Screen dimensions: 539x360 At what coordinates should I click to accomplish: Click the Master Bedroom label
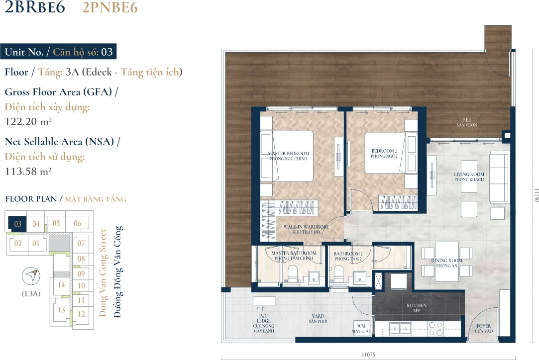[x=288, y=156]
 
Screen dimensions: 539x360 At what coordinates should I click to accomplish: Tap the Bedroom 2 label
[x=384, y=153]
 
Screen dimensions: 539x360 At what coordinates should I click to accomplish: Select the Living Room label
[x=469, y=177]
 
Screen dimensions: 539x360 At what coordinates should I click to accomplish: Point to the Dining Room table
[x=447, y=261]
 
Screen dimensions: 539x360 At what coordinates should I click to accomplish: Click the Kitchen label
[x=417, y=308]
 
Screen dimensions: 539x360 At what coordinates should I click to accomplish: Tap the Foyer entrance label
[x=484, y=328]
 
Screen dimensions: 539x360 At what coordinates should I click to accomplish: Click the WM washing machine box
[x=362, y=328]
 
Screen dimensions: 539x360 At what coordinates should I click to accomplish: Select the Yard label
[x=318, y=318]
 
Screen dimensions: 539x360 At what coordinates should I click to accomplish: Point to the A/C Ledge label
[x=264, y=323]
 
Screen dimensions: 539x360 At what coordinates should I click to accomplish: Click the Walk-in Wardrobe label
[x=306, y=229]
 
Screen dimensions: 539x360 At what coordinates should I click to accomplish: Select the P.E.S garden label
[x=467, y=122]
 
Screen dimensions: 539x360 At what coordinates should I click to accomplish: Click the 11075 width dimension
[x=368, y=355]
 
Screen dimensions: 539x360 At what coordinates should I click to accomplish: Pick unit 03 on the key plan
[x=18, y=224]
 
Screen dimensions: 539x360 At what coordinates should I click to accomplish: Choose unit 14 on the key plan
[x=61, y=285]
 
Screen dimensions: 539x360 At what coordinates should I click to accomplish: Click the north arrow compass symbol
[x=31, y=275]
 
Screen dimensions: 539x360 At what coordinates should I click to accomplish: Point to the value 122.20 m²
[x=28, y=122]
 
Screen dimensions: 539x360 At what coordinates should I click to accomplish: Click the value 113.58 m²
[x=28, y=171]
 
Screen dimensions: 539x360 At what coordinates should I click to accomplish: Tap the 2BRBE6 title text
[x=35, y=7]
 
